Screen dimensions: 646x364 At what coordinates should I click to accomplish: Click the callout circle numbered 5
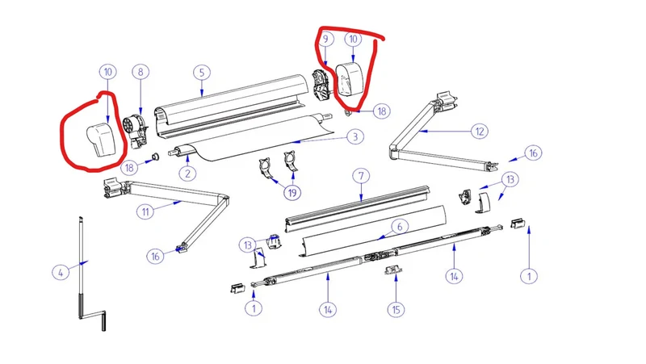(x=202, y=73)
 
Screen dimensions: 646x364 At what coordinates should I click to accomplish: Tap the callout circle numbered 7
(x=361, y=176)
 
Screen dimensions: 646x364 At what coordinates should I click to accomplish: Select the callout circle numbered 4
(x=61, y=272)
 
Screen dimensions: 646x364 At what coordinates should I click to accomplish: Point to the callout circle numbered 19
(x=292, y=192)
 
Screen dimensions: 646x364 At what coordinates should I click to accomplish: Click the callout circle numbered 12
(x=480, y=132)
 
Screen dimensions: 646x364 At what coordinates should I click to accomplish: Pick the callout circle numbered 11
(x=145, y=211)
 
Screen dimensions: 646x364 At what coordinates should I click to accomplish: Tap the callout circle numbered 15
(x=396, y=309)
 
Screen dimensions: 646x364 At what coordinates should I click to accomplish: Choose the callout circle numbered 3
(x=355, y=136)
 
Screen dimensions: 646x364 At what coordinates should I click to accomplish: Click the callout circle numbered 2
(x=187, y=173)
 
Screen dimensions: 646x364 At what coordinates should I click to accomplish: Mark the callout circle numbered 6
(x=399, y=226)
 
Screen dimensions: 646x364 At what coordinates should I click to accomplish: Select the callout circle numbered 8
(x=141, y=72)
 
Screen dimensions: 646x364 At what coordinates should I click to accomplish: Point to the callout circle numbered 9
(x=325, y=39)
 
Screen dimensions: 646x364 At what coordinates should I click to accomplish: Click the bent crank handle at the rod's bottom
(x=93, y=320)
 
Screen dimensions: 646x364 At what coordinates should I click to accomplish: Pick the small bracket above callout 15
(x=393, y=270)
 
